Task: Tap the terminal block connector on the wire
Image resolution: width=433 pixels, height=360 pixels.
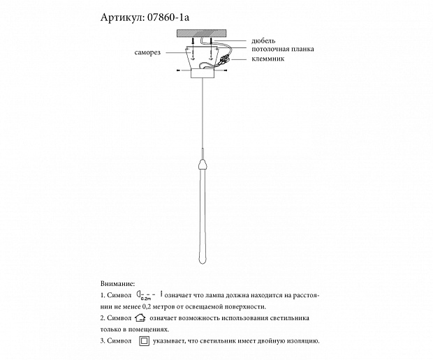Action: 225,65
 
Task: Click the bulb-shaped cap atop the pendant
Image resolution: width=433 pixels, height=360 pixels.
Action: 201,166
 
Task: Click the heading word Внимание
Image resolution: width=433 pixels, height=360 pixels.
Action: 117,285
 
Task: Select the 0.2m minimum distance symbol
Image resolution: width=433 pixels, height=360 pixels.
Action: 150,296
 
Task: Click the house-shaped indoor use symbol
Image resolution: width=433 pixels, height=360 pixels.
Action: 140,318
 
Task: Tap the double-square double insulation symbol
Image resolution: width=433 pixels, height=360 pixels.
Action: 144,341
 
